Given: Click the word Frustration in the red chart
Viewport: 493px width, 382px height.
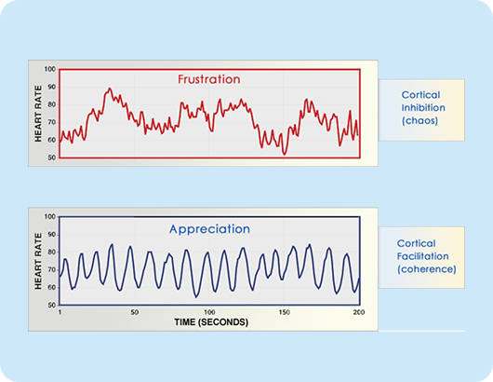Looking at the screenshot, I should [x=208, y=79].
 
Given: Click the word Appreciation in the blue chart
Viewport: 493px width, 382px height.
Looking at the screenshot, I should [x=209, y=227].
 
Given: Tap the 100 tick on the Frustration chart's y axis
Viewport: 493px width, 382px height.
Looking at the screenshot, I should [x=50, y=70].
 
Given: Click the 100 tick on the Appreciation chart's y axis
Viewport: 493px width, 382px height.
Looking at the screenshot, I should [x=50, y=217].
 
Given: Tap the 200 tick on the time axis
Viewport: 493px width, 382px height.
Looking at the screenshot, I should [x=358, y=313].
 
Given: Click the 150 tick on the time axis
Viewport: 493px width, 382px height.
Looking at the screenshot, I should [x=284, y=313].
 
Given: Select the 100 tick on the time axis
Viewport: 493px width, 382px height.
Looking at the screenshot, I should [x=209, y=313].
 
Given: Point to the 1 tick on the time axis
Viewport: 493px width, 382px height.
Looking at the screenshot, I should [x=59, y=313].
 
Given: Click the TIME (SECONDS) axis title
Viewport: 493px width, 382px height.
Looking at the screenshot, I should [x=209, y=322].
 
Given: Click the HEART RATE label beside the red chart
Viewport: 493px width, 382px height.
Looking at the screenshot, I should [x=37, y=114].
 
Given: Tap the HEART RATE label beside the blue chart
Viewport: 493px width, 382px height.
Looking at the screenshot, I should [x=37, y=261].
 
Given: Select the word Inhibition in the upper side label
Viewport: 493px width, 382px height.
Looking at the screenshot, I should [x=422, y=108].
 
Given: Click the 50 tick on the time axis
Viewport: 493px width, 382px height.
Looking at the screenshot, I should [x=134, y=313].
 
